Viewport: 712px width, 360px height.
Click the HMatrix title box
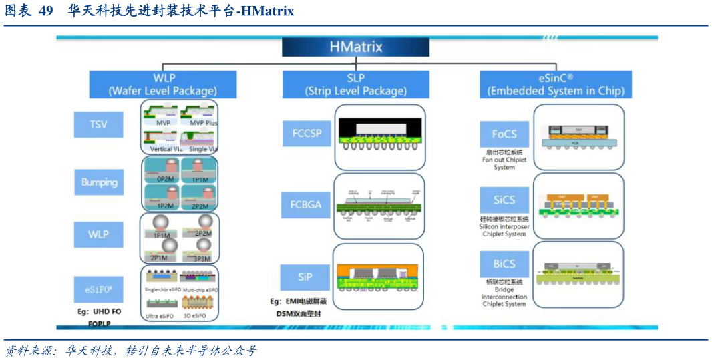click(x=355, y=47)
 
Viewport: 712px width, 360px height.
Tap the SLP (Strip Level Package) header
click(x=355, y=84)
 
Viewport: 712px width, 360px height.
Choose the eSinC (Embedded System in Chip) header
click(x=556, y=84)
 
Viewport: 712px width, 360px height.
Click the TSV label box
click(x=98, y=124)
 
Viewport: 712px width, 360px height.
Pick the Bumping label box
click(x=99, y=182)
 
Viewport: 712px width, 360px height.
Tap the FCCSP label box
click(x=307, y=133)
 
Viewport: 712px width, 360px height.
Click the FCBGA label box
click(x=307, y=204)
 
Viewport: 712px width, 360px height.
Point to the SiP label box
click(x=305, y=277)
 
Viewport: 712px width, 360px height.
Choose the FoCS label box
click(x=504, y=134)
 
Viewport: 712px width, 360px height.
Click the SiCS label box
click(x=504, y=200)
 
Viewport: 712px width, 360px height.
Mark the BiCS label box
click(x=504, y=264)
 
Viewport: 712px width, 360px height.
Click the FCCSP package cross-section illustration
click(x=379, y=137)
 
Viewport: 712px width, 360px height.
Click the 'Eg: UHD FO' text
click(x=100, y=311)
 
